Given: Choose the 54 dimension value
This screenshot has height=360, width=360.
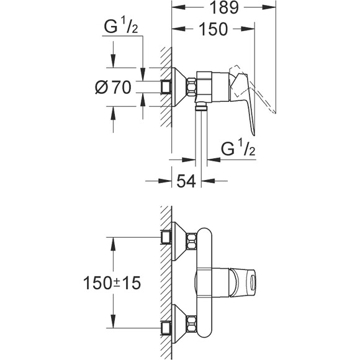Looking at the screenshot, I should point(187,181).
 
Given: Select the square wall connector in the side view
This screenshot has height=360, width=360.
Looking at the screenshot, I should point(166,88).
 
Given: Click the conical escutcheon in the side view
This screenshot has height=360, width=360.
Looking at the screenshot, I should point(179,87).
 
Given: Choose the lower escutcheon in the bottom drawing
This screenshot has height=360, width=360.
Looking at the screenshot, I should point(179,325).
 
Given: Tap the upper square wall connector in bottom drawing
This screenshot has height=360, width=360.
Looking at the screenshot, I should point(166,236).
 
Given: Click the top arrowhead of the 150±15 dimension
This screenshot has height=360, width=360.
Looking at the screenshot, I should point(112,241).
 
